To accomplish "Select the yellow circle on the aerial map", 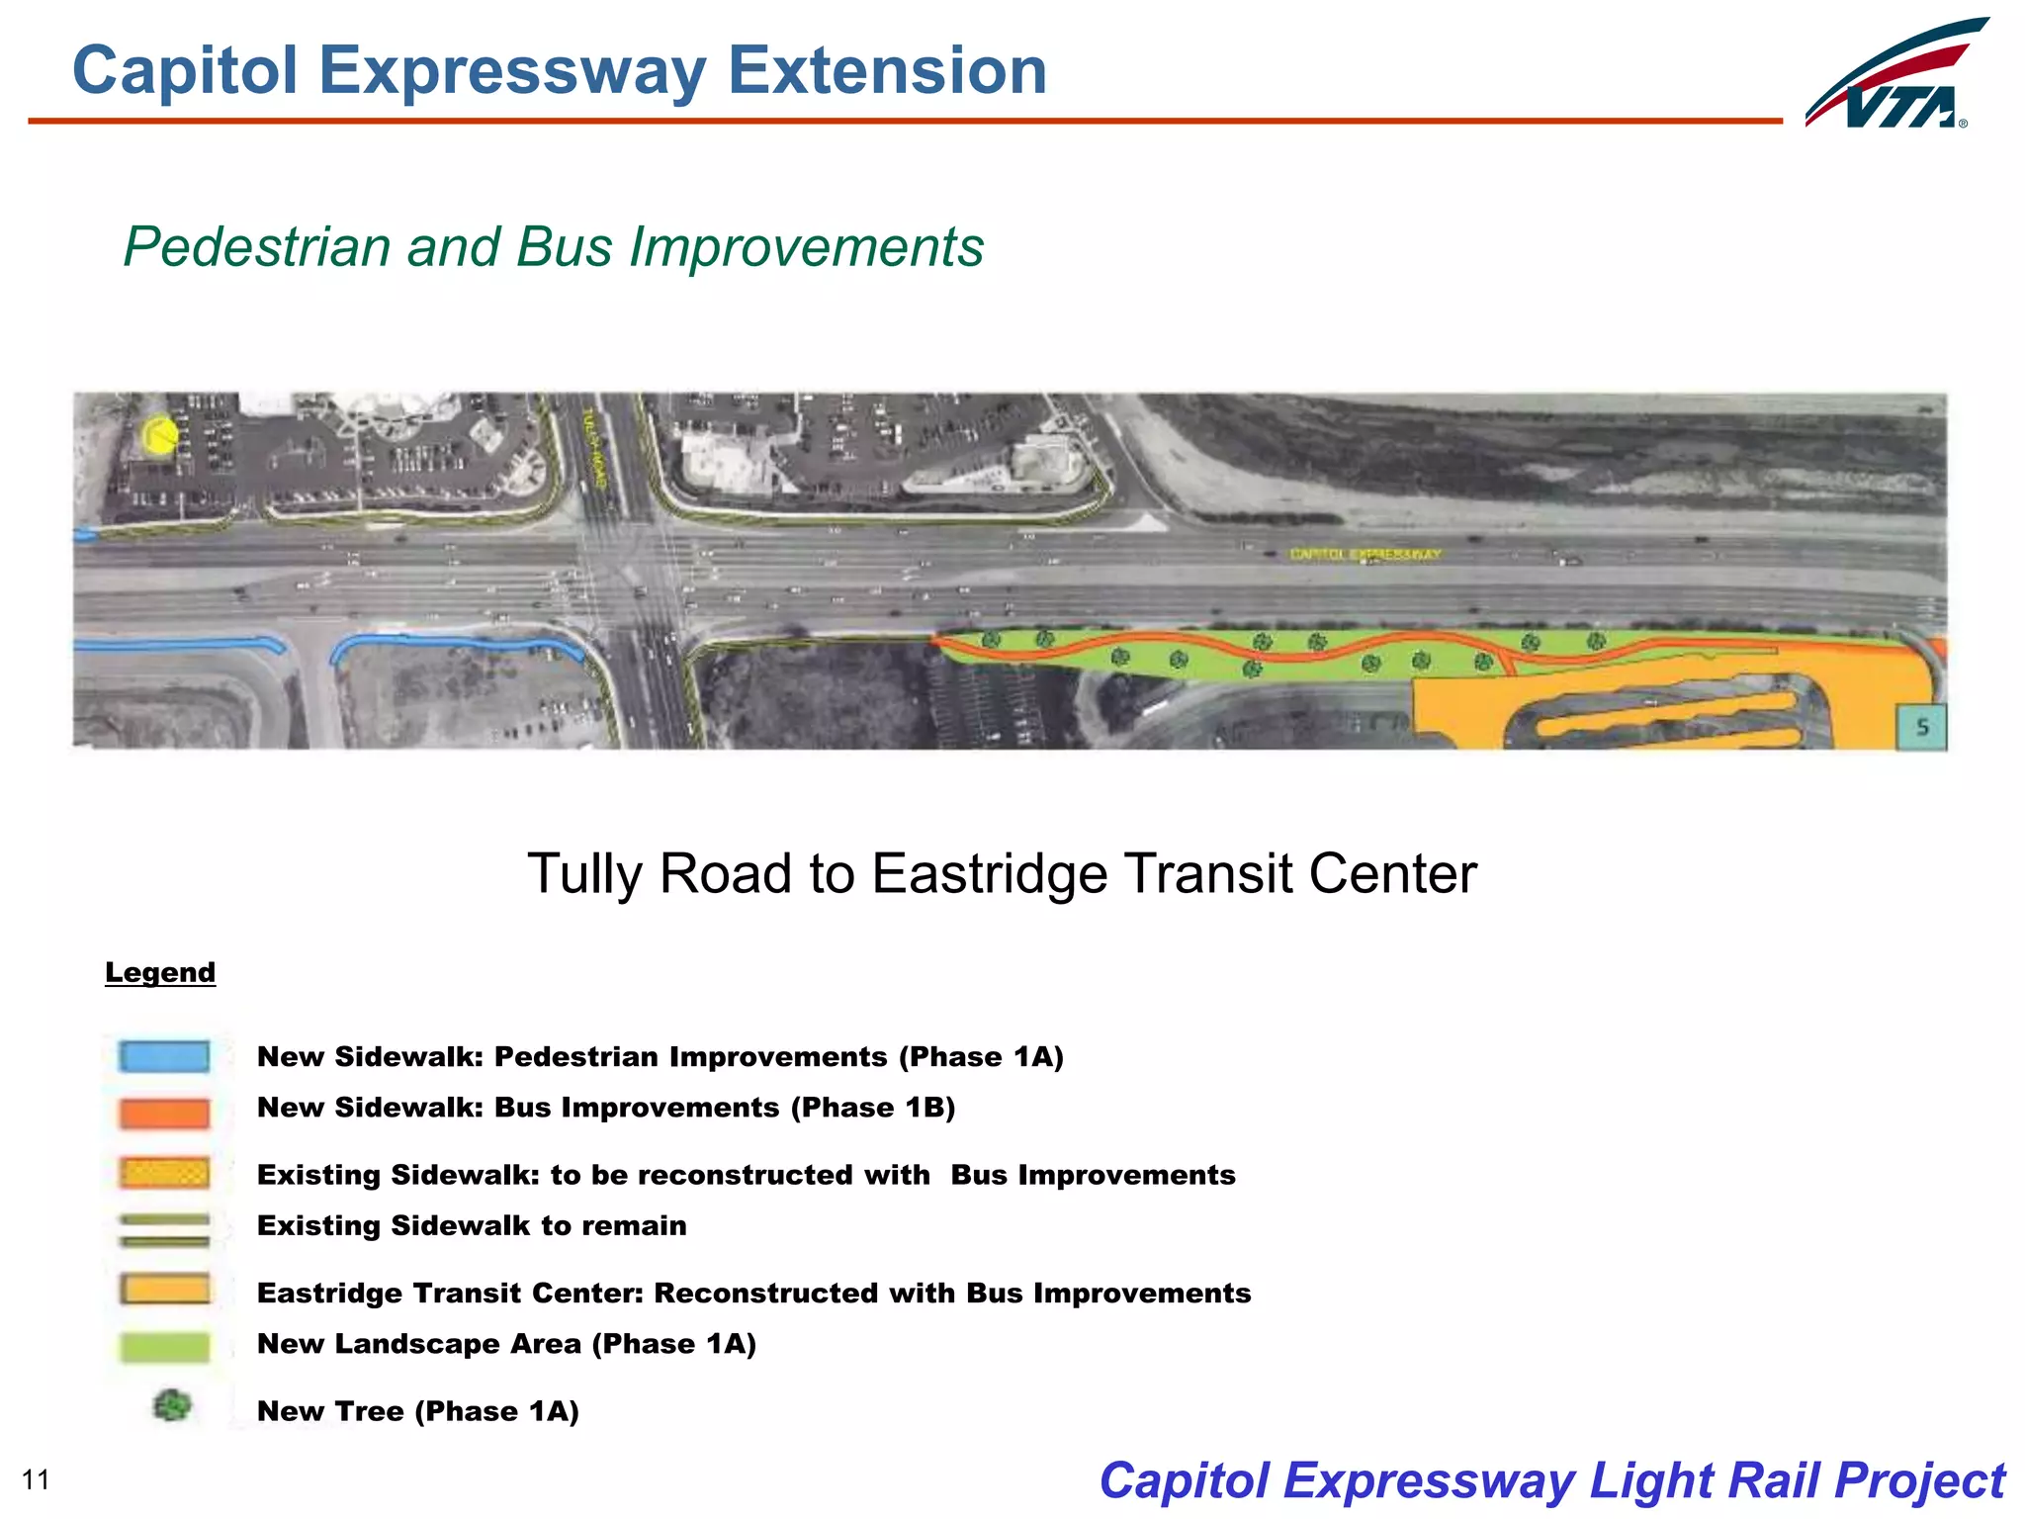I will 159,435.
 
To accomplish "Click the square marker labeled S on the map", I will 1921,727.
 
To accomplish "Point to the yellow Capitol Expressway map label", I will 1365,554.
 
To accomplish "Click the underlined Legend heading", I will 160,972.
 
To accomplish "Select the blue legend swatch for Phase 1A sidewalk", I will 164,1056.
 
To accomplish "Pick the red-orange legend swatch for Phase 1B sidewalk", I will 164,1113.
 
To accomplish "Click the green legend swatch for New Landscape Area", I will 164,1347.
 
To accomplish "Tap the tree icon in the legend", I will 172,1405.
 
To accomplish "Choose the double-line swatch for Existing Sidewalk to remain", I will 164,1230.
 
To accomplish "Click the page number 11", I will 36,1479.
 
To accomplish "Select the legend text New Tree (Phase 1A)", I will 417,1411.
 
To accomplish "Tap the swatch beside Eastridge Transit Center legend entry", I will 164,1290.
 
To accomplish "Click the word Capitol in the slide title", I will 185,71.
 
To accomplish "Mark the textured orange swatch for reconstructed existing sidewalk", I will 164,1173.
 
